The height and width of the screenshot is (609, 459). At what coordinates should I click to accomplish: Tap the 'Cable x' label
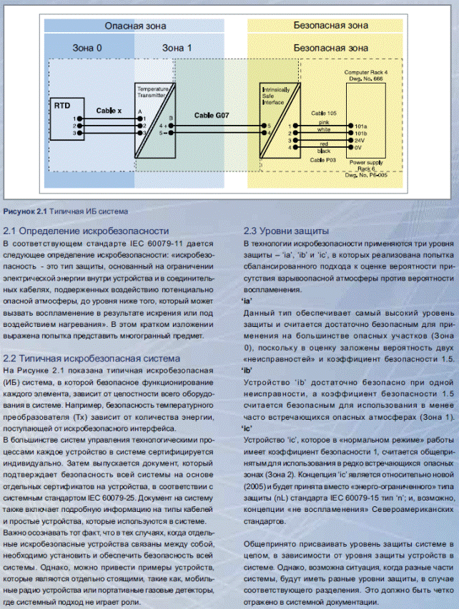(x=109, y=111)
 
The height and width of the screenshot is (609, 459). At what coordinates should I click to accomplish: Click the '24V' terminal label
(x=360, y=141)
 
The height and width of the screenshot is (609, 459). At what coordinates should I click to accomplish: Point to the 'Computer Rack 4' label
(x=366, y=73)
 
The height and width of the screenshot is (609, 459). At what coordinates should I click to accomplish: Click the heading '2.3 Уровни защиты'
(x=285, y=231)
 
